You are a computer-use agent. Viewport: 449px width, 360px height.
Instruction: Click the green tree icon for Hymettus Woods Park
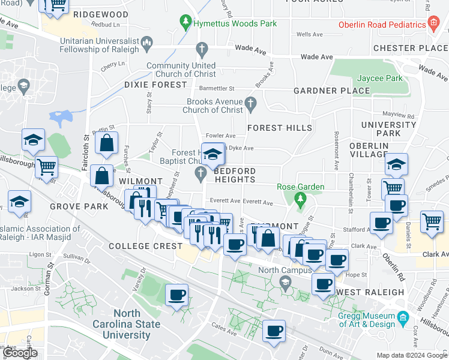click(185, 23)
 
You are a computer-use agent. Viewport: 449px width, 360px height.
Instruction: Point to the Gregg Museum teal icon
click(403, 316)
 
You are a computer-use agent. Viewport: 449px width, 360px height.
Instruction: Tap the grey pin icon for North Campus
click(285, 281)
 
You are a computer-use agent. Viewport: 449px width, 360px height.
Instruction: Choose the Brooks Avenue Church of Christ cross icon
click(252, 106)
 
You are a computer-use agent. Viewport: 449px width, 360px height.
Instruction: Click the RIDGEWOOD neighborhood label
click(101, 14)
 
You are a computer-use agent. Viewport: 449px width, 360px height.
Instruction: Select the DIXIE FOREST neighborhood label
click(156, 85)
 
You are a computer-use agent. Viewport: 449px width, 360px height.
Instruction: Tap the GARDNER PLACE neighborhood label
click(331, 91)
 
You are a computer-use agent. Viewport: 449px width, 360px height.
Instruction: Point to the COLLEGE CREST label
click(146, 246)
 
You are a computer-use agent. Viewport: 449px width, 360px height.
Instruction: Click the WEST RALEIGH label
click(370, 292)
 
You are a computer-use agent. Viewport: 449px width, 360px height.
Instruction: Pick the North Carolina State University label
click(137, 324)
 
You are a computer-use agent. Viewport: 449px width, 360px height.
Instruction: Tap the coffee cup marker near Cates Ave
click(274, 331)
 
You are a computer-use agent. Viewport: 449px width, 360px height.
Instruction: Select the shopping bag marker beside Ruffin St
click(106, 143)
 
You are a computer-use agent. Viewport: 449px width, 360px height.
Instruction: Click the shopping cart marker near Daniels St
click(432, 221)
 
